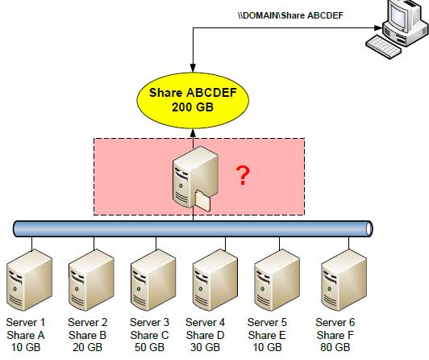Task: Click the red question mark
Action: click(x=243, y=175)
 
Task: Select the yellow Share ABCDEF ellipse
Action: click(x=193, y=100)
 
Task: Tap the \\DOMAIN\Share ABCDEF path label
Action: click(x=290, y=15)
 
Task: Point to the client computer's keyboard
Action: click(x=384, y=47)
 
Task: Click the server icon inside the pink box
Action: click(x=195, y=178)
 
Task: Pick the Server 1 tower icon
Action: click(x=29, y=280)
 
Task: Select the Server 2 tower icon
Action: click(x=91, y=280)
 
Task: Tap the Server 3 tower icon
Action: click(x=153, y=280)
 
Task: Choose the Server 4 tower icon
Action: click(x=215, y=280)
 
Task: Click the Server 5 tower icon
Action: click(x=277, y=280)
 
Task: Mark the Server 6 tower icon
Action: click(x=344, y=280)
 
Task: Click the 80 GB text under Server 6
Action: click(x=335, y=347)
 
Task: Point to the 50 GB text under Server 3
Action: click(x=149, y=347)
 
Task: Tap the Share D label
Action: click(x=205, y=335)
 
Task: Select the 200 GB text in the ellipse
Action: click(x=193, y=107)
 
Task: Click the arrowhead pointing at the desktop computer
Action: click(x=378, y=28)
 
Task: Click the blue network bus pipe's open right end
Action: click(x=369, y=228)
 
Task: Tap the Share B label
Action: click(x=88, y=335)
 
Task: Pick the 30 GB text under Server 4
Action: click(x=205, y=347)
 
